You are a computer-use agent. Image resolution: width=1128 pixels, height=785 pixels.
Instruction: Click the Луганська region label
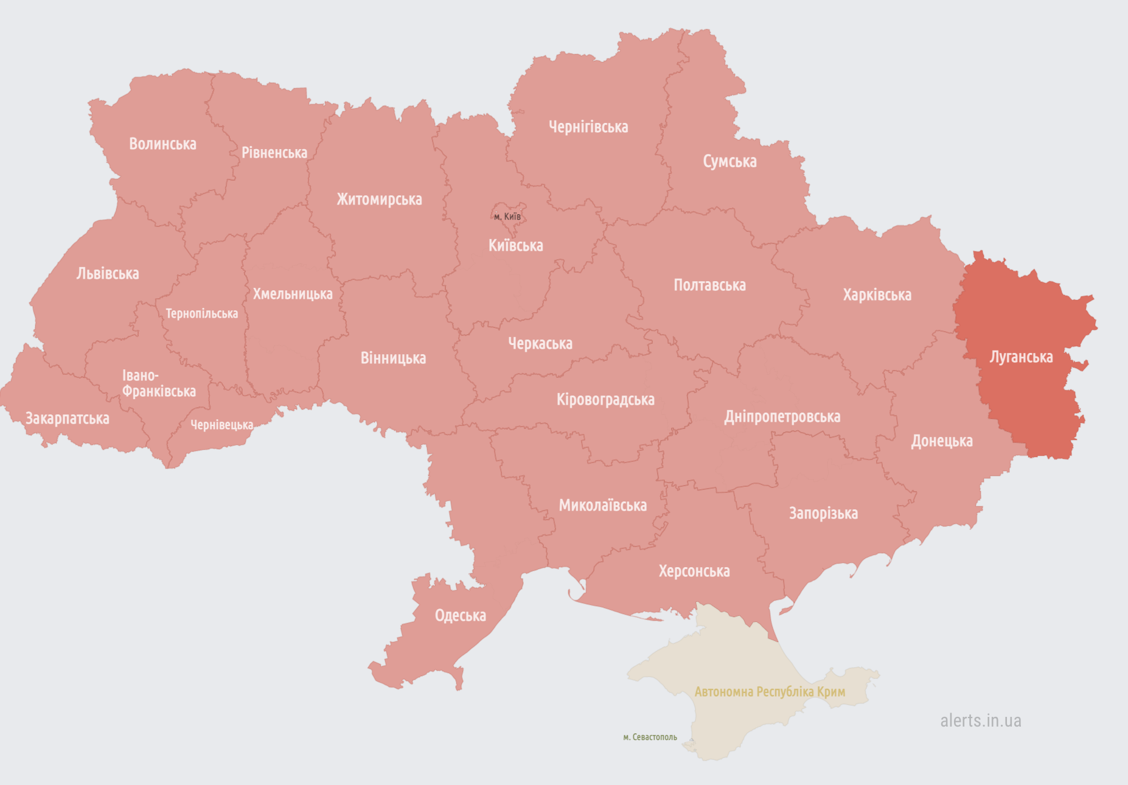tap(1021, 357)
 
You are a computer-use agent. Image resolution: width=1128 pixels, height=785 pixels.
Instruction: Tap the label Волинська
tap(162, 144)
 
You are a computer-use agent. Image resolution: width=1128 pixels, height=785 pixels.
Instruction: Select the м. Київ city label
tap(507, 217)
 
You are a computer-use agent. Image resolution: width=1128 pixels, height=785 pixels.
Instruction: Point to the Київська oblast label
tap(515, 245)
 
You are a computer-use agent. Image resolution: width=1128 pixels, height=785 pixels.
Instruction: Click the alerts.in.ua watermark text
tap(980, 720)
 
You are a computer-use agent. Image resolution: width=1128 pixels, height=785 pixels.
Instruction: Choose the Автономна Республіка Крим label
tap(770, 692)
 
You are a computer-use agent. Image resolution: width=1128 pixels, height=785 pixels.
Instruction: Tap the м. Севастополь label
tap(650, 737)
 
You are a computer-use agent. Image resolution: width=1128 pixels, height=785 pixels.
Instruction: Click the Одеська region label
tap(460, 615)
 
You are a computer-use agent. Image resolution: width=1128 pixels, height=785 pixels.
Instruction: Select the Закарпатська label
tap(67, 418)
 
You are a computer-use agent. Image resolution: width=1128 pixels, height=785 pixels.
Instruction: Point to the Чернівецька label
tap(221, 425)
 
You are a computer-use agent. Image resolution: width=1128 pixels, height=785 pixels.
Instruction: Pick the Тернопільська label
tap(201, 313)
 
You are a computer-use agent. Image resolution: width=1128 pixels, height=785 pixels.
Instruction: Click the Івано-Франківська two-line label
tap(158, 383)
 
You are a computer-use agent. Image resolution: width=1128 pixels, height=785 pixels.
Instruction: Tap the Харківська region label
tap(877, 295)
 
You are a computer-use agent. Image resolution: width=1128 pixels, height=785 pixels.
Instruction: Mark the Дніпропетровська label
tap(782, 416)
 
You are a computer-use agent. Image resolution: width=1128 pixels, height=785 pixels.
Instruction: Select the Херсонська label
tap(694, 571)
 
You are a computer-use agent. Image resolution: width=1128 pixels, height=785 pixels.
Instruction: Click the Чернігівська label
tap(588, 127)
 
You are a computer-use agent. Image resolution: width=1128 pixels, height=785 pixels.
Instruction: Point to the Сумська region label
tap(729, 161)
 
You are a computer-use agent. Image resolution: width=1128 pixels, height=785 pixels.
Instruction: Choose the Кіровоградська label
tap(605, 399)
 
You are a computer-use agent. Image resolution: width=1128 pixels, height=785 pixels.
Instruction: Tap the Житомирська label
tap(379, 199)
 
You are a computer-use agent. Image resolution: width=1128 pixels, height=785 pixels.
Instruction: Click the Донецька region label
tap(941, 441)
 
